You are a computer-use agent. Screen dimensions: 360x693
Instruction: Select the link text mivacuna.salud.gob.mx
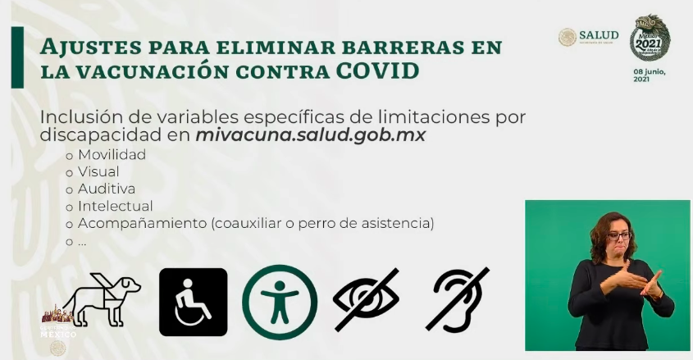(311, 134)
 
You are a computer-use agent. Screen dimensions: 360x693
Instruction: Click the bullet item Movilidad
(112, 154)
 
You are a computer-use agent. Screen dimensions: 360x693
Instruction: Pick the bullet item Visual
(98, 171)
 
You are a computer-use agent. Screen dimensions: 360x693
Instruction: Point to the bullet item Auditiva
(107, 189)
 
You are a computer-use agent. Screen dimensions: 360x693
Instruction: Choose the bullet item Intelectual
(115, 206)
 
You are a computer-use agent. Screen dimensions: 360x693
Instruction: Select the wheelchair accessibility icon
(193, 302)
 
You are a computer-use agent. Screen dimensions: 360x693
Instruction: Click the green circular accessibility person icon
(279, 302)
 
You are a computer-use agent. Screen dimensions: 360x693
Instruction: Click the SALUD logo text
(599, 34)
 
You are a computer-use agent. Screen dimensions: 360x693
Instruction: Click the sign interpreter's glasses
(617, 236)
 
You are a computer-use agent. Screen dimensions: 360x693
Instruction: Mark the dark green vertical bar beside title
(17, 57)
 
